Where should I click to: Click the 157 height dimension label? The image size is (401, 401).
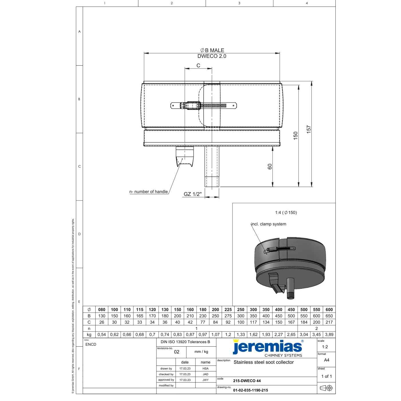308,129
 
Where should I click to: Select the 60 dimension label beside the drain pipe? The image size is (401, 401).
270,166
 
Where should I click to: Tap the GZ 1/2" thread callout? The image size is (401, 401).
192,194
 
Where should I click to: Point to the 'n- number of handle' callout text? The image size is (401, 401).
149,191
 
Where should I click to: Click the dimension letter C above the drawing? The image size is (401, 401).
198,66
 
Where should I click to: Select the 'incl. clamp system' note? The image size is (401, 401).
269,224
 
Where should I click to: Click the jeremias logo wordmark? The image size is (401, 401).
268,347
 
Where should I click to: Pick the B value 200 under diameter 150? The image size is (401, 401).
178,316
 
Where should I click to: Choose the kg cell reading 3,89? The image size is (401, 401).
329,335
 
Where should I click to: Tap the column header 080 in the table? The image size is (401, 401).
102,309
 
